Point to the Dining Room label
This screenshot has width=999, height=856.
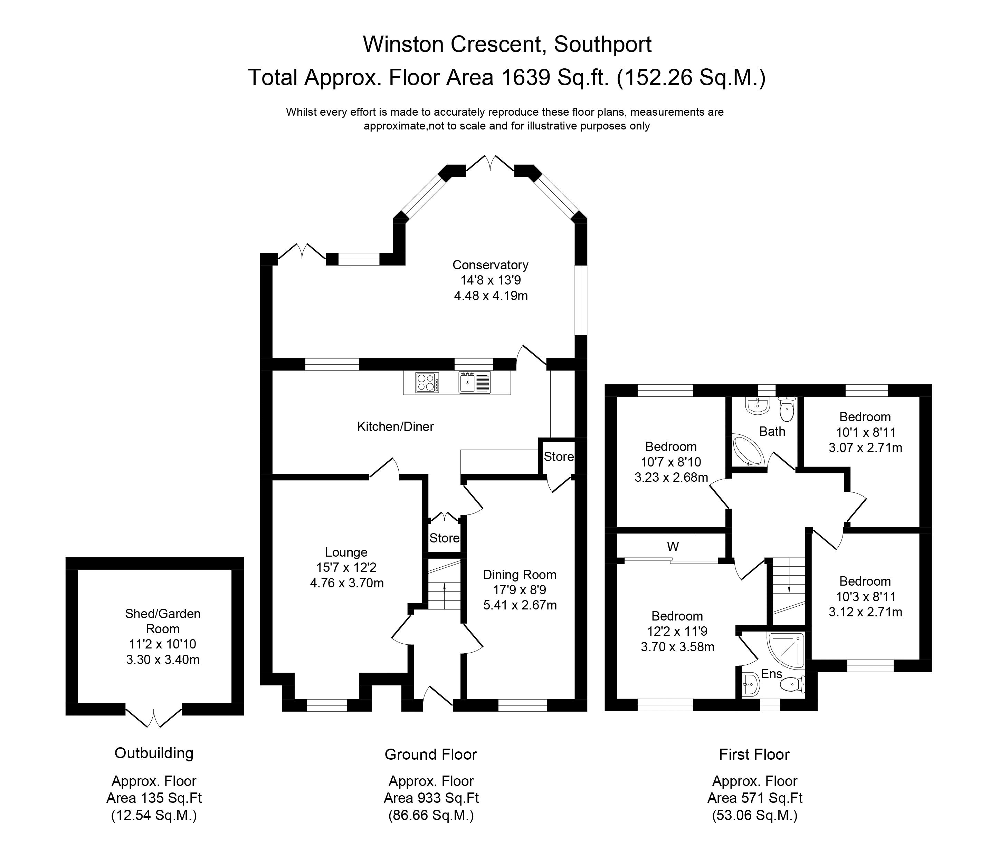click(x=520, y=575)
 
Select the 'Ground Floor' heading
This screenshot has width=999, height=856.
click(x=430, y=754)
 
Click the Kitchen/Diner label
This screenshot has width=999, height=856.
click(x=396, y=426)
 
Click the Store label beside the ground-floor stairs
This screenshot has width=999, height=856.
click(x=444, y=538)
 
